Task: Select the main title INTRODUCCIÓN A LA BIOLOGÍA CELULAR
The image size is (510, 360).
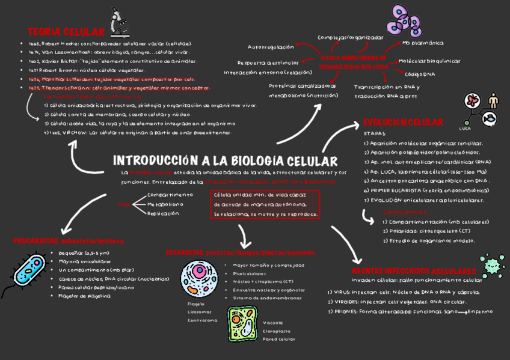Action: tap(226, 161)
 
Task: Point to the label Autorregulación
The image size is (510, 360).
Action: tap(271, 47)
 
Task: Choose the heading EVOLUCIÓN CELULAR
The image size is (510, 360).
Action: tap(403, 122)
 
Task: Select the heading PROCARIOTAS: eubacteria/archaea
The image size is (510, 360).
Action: tap(69, 241)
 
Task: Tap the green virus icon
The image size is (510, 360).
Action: tap(492, 265)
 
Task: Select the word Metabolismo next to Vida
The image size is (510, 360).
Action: tap(165, 204)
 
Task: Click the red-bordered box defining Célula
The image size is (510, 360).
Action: tap(264, 204)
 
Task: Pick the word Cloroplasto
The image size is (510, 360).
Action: tap(277, 331)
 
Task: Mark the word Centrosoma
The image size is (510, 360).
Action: tap(202, 320)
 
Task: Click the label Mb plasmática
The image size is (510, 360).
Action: tap(423, 43)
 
